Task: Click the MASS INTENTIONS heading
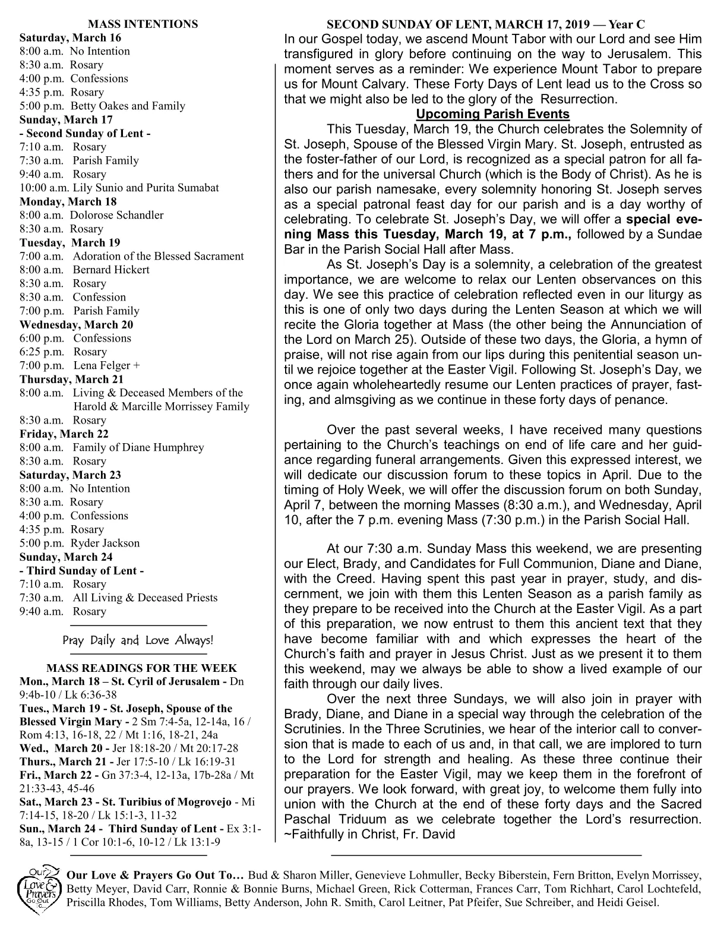coord(143,24)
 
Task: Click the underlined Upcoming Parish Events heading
coord(492,114)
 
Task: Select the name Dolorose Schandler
coord(116,215)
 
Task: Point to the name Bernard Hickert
coord(111,270)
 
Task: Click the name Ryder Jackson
coord(105,543)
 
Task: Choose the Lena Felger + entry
coord(106,365)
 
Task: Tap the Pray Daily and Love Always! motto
coord(138,640)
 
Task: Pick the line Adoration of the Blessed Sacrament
coord(158,256)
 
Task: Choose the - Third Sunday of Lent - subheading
coord(82,570)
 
